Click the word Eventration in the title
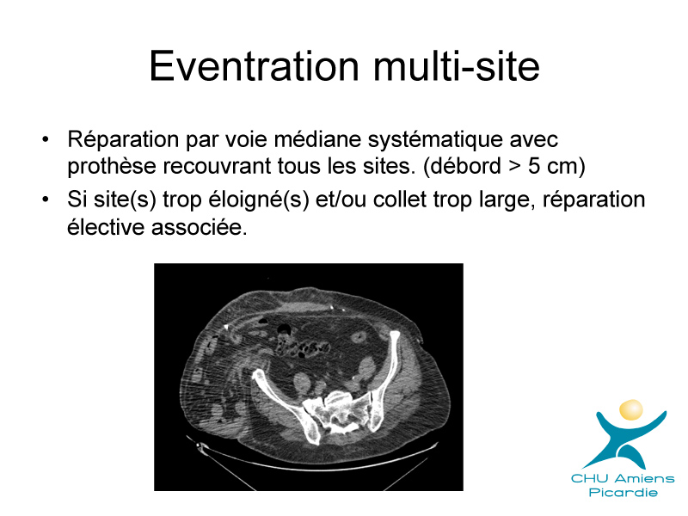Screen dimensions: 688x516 click(254, 66)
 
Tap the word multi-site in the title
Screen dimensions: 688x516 click(457, 66)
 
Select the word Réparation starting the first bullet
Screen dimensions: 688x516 click(123, 140)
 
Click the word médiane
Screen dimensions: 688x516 click(317, 140)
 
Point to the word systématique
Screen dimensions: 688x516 click(435, 140)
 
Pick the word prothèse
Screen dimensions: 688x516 click(112, 167)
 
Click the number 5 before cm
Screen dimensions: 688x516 click(533, 166)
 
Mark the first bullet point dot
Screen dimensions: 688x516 click(46, 140)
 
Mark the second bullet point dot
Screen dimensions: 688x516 click(46, 200)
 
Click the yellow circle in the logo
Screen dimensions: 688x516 click(631, 409)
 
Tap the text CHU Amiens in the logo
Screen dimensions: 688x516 click(623, 478)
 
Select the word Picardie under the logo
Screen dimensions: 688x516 click(623, 492)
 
